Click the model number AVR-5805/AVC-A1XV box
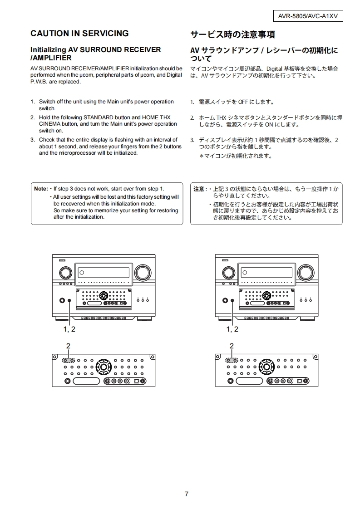click(x=308, y=16)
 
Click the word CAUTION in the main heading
click(x=49, y=34)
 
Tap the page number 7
click(x=186, y=494)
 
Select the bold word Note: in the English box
click(x=41, y=189)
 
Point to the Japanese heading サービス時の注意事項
click(x=232, y=35)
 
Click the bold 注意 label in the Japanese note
click(x=199, y=189)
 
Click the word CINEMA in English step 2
click(x=49, y=124)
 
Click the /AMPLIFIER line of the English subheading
click(x=51, y=58)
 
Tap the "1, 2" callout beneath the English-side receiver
click(x=69, y=329)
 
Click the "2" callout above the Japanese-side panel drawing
click(x=232, y=346)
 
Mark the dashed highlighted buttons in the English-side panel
click(x=68, y=360)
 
